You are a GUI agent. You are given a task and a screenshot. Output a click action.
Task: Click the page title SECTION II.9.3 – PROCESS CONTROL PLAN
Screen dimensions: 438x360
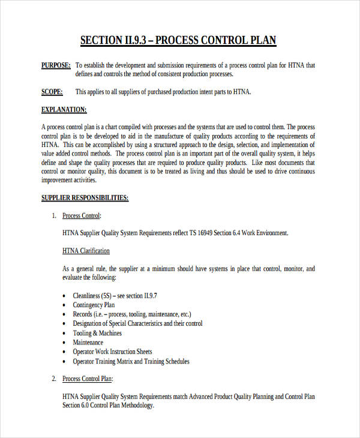point(178,41)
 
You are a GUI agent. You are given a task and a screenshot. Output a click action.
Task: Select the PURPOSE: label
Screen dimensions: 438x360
point(55,65)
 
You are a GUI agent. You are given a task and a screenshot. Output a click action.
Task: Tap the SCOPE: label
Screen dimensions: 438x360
point(52,92)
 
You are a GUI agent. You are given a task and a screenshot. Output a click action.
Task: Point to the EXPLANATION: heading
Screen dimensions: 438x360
point(64,110)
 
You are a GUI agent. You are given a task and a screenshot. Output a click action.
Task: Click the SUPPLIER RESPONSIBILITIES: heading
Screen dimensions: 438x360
point(85,197)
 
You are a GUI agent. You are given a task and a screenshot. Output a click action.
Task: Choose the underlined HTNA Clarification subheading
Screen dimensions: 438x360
point(86,251)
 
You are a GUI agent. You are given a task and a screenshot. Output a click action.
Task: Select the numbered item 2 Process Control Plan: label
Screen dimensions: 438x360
point(88,379)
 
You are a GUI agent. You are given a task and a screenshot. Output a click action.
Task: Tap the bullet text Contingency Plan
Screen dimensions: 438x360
point(94,305)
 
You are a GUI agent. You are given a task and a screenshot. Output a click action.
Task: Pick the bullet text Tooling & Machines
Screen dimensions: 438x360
point(97,333)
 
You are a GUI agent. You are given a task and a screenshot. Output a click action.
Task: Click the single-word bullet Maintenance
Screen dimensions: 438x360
point(88,343)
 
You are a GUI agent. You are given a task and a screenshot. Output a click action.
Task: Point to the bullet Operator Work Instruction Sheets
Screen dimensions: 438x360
point(113,352)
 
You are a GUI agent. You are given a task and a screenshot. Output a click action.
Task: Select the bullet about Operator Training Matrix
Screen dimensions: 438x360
point(131,361)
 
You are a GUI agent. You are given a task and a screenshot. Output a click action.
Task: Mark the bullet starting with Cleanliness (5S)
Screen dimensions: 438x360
point(115,296)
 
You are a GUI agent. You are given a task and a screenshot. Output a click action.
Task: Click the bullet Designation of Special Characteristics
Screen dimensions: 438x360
point(137,323)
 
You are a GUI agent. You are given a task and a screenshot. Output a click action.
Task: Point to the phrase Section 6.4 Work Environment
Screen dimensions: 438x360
point(254,233)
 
